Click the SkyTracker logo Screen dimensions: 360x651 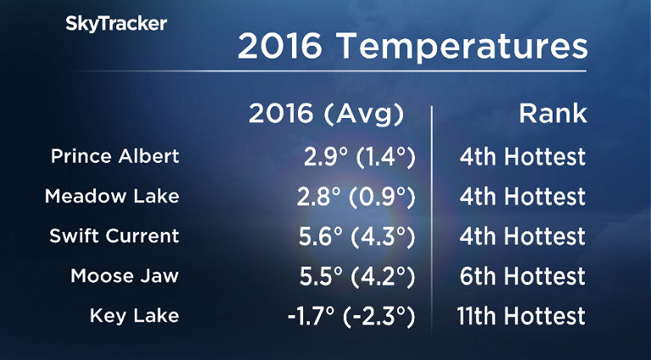(116, 24)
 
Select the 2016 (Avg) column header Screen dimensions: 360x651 (327, 115)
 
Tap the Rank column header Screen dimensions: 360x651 (553, 115)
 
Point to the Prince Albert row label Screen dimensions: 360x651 (115, 157)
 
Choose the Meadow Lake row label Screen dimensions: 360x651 (112, 197)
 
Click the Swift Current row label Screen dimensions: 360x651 (115, 236)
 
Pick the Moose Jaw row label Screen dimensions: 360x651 (125, 276)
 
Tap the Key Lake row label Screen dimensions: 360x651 (134, 316)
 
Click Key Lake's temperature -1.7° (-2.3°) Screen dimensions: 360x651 (351, 316)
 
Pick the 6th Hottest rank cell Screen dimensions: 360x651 (520, 276)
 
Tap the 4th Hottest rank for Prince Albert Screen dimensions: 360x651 (520, 157)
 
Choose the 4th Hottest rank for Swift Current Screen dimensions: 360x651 (520, 236)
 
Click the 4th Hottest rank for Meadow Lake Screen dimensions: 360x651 (520, 197)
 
